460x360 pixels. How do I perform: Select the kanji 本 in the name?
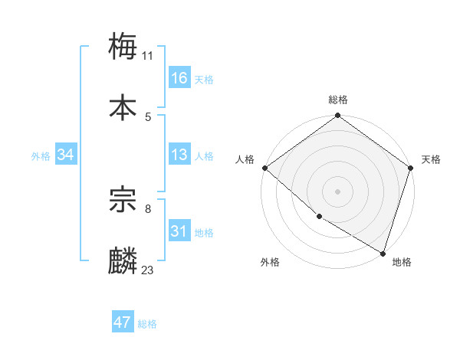click(123, 107)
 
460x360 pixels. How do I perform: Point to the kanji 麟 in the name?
click(123, 260)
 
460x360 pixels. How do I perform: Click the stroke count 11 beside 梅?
click(148, 55)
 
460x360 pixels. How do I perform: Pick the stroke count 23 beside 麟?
click(148, 270)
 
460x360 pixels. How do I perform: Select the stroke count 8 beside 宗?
click(148, 208)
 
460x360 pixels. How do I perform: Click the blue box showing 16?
click(179, 78)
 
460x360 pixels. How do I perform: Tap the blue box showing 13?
click(179, 155)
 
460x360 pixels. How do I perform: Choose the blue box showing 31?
click(179, 231)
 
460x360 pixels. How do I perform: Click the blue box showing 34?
click(65, 155)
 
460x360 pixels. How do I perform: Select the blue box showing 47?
click(123, 322)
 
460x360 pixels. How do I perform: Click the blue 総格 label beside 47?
click(147, 324)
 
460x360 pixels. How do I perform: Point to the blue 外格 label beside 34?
click(41, 155)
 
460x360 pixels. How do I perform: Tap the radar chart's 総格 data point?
click(337, 116)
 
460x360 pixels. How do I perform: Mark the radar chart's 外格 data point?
click(319, 217)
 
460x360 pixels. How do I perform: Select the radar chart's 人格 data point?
click(264, 168)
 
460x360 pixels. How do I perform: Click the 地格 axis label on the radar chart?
click(402, 262)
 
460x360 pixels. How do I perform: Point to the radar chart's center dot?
click(337, 191)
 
